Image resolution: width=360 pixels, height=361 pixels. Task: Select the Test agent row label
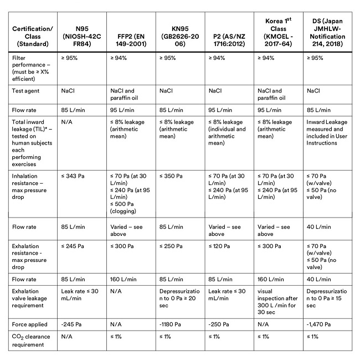26,91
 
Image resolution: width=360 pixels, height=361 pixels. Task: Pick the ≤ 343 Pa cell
73,176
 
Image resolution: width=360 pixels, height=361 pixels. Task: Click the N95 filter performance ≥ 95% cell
71,58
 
